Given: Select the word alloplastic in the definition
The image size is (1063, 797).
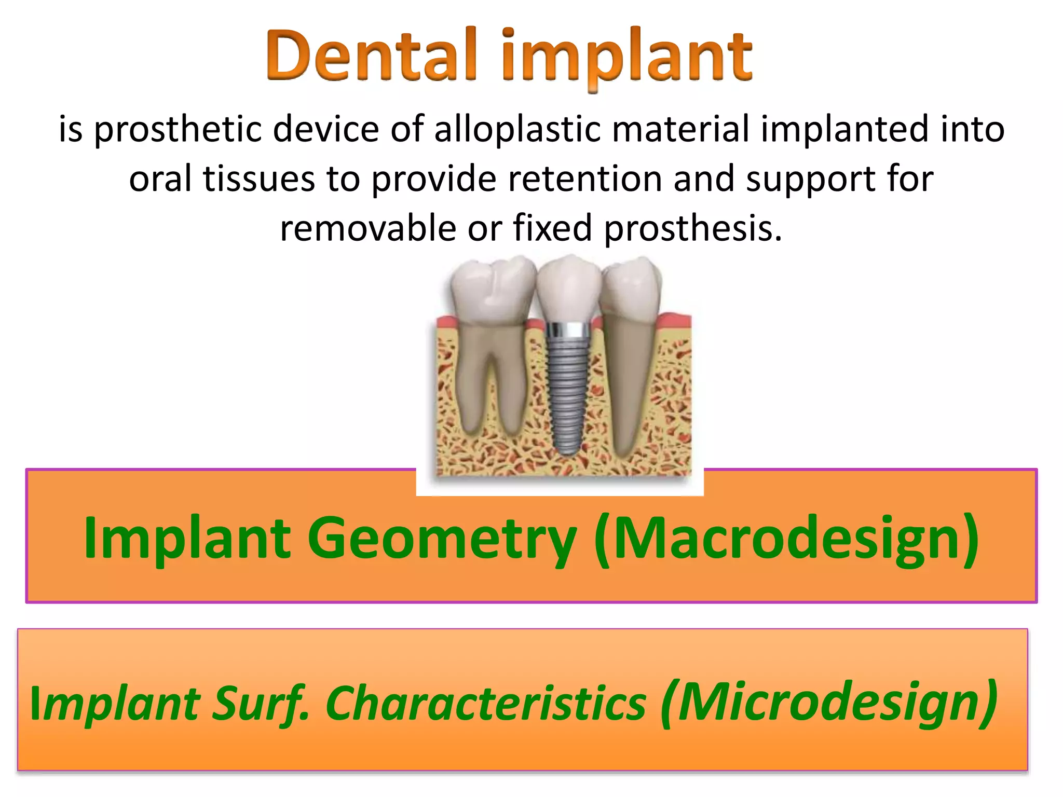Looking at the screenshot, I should tap(517, 129).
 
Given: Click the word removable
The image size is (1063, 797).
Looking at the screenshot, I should tap(368, 229).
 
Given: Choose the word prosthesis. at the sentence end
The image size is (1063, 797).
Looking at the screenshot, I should tap(693, 229).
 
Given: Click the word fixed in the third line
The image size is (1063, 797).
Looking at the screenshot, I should tap(552, 228).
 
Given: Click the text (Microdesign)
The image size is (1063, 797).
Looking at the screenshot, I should tap(829, 703).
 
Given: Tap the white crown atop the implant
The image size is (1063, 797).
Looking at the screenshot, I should tap(569, 288).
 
